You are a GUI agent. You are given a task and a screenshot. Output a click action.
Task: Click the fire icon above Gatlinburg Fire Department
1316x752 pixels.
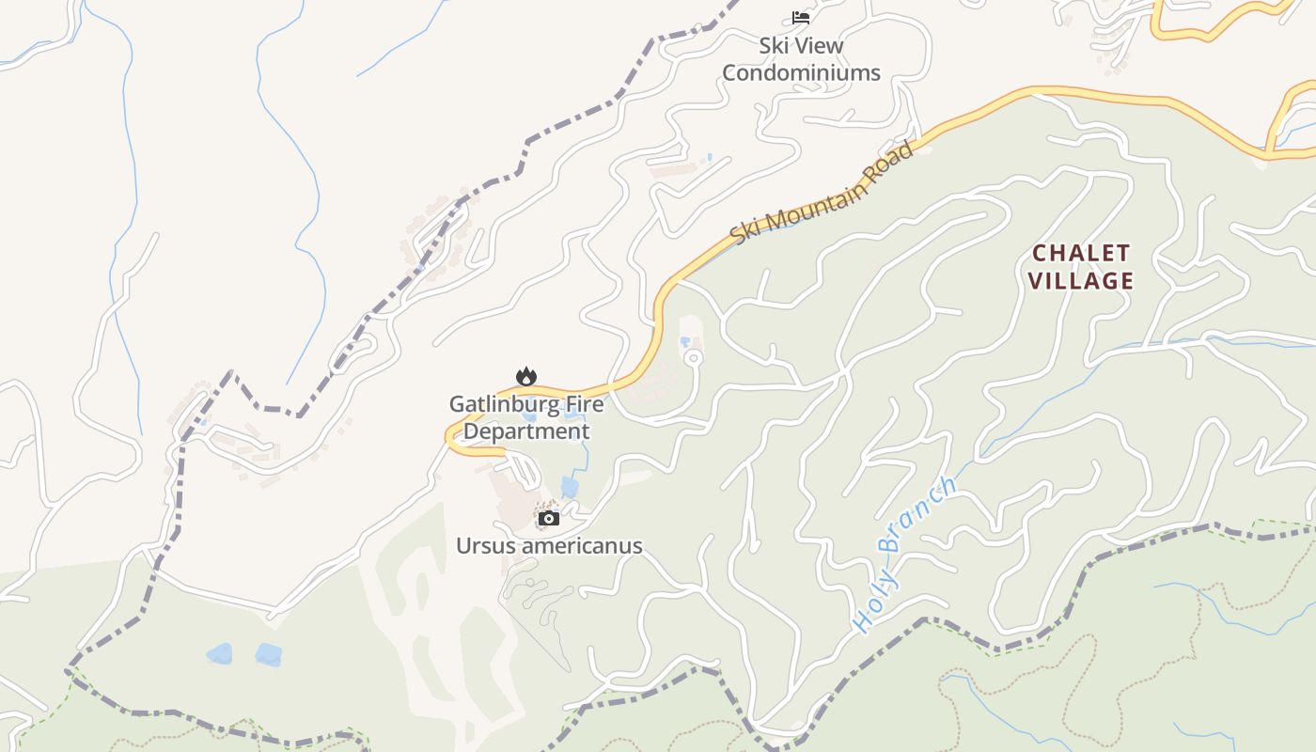[x=526, y=376]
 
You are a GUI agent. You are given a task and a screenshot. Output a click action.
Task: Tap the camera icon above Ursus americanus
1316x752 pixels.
[x=549, y=518]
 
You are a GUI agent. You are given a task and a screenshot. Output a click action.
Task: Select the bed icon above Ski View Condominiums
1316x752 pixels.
[x=801, y=17]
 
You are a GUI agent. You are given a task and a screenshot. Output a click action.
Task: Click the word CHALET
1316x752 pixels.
[x=1080, y=253]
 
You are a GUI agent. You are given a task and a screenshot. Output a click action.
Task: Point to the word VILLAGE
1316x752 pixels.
[x=1080, y=280]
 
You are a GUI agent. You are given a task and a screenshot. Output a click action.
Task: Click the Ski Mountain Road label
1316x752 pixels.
[x=822, y=192]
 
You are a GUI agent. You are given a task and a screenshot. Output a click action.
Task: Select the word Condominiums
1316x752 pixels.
[x=801, y=72]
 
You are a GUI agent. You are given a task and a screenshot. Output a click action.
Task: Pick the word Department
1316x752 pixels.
[x=526, y=431]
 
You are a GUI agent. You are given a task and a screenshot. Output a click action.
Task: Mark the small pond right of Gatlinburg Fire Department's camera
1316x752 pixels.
[x=570, y=487]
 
